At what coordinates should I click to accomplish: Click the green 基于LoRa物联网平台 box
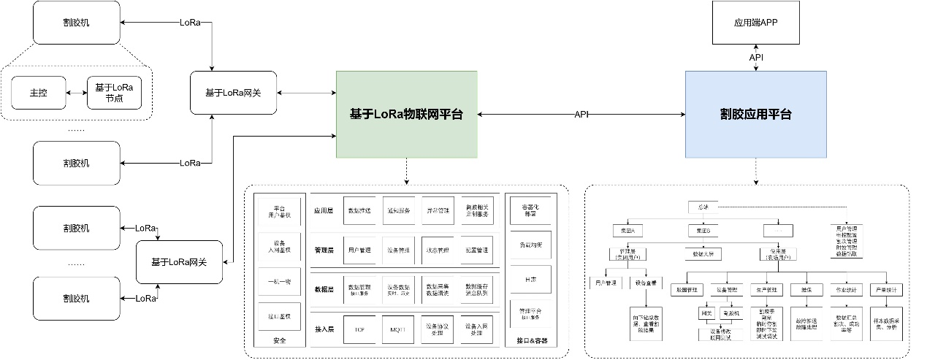coord(406,115)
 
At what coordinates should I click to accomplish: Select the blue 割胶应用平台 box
coord(755,115)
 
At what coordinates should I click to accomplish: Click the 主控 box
coord(38,93)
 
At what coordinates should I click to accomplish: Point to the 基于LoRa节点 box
coord(114,93)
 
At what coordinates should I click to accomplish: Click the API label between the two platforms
coord(581,115)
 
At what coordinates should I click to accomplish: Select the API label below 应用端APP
coord(756,57)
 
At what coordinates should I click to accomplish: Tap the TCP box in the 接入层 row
coord(359,329)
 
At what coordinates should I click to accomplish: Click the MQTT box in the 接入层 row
coord(398,329)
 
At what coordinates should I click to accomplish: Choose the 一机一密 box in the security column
coord(279,281)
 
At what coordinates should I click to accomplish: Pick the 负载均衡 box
coord(531,245)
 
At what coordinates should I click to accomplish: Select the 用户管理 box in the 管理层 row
coord(359,250)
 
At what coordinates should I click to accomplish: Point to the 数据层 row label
coord(324,290)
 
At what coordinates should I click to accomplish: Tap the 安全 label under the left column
coord(279,341)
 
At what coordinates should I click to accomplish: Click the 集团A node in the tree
coord(627,231)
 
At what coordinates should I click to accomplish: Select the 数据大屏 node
coord(703,255)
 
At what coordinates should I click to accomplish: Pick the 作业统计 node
coord(844,289)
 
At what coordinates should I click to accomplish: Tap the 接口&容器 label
coord(531,341)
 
